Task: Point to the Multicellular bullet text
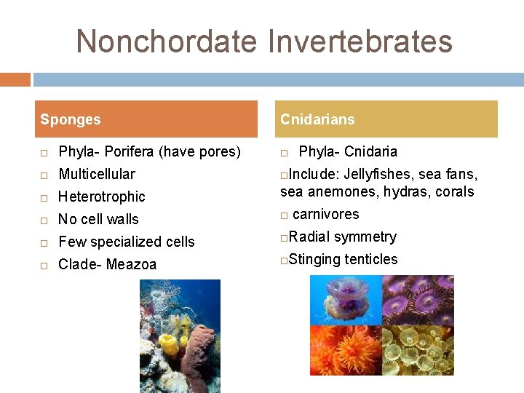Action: pyautogui.click(x=96, y=174)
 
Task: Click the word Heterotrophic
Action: pyautogui.click(x=101, y=196)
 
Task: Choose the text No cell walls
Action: pyautogui.click(x=98, y=219)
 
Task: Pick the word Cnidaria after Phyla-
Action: pyautogui.click(x=370, y=151)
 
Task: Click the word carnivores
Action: pyautogui.click(x=325, y=214)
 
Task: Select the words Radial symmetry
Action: pyautogui.click(x=342, y=237)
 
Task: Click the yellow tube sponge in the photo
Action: pyautogui.click(x=170, y=342)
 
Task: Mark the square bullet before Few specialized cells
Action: pyautogui.click(x=44, y=242)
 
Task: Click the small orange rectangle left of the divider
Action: pyautogui.click(x=15, y=79)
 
